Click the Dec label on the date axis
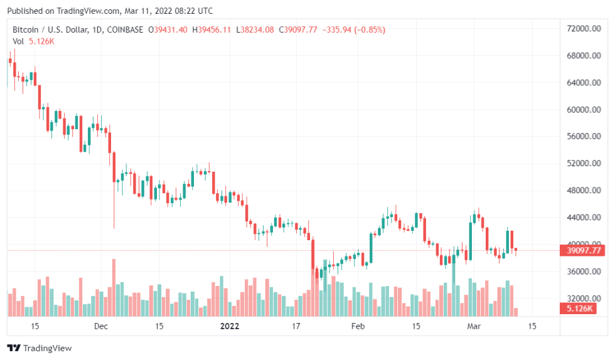101,326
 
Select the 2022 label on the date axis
230,326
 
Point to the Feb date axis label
358,326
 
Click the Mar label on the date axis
474,326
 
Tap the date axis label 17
297,326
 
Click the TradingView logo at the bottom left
40,348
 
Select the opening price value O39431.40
168,29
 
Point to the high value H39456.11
211,29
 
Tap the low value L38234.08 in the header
255,29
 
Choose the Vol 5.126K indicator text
33,41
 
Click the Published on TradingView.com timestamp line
110,11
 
